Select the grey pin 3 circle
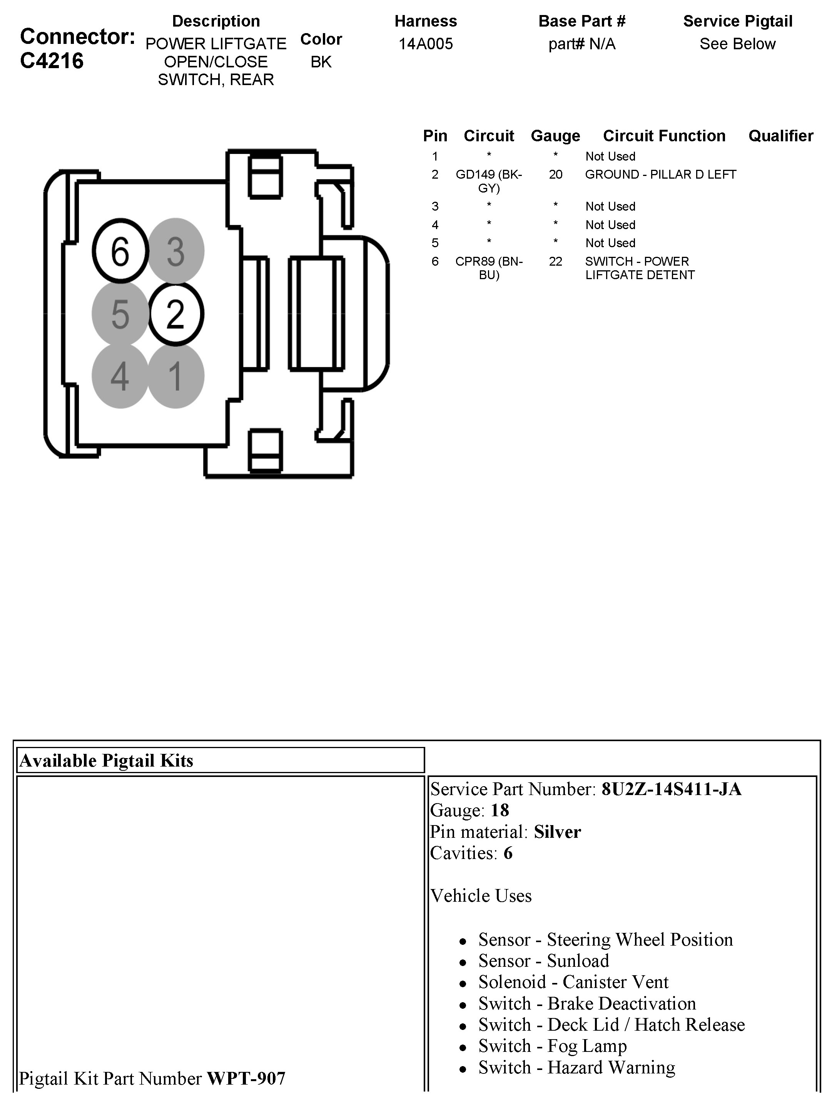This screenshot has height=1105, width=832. (x=175, y=251)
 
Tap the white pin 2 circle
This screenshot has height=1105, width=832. (x=175, y=314)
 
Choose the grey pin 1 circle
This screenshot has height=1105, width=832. (x=175, y=376)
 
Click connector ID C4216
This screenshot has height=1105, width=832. (x=52, y=61)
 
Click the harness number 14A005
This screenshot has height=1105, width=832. (x=426, y=44)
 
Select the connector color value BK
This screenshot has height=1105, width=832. (x=321, y=62)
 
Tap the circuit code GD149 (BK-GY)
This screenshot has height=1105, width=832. (x=488, y=181)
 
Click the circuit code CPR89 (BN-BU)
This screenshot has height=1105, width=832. (x=488, y=268)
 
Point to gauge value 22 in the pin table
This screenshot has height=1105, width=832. (x=555, y=261)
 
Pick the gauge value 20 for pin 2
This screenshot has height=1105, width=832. (x=555, y=174)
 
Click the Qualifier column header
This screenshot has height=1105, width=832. (x=780, y=136)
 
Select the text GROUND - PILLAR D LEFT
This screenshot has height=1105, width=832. (x=660, y=174)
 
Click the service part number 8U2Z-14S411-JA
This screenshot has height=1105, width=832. (x=671, y=789)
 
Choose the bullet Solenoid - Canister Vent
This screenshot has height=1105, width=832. (x=573, y=982)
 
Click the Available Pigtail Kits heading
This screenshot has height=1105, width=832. (x=106, y=760)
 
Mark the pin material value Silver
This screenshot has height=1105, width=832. (x=557, y=832)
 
